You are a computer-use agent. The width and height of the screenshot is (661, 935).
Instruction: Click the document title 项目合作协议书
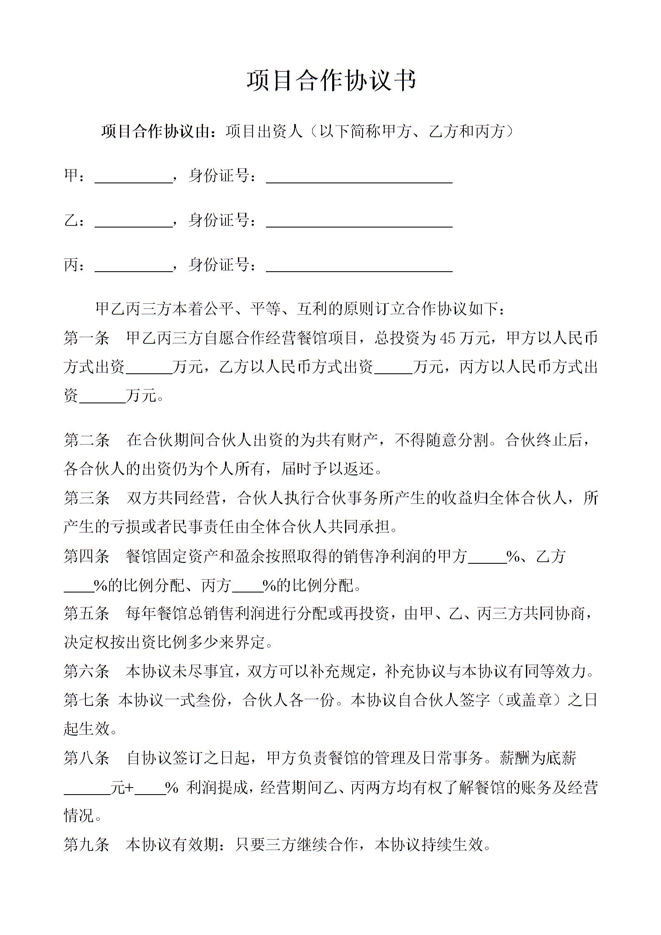click(x=331, y=80)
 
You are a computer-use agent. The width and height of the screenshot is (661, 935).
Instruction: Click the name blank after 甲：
click(x=134, y=177)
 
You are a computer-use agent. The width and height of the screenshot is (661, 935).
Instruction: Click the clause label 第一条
click(x=86, y=338)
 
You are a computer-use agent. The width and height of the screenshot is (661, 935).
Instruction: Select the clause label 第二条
click(x=86, y=440)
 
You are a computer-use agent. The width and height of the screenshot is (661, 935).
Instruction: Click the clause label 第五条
click(x=86, y=614)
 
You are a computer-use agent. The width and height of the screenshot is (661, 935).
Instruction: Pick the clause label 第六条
click(x=86, y=672)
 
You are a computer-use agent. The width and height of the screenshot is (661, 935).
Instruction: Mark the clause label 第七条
click(x=86, y=700)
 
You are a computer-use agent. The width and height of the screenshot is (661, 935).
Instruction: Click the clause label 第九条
click(x=86, y=845)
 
